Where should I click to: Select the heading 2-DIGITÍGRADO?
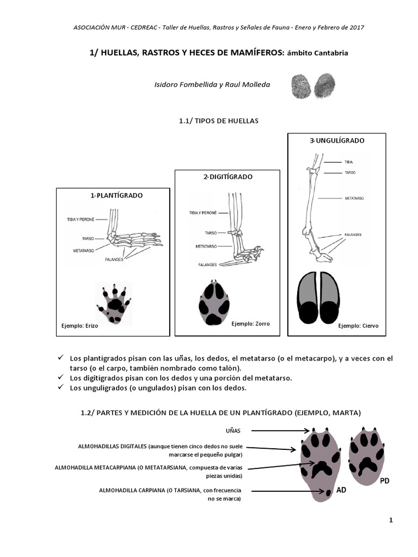click(x=228, y=177)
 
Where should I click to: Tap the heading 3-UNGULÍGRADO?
click(x=337, y=141)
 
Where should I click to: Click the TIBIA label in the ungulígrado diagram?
click(x=349, y=162)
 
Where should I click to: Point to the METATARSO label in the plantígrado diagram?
click(x=83, y=251)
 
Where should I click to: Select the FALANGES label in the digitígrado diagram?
click(x=207, y=265)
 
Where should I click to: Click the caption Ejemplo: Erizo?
click(x=79, y=326)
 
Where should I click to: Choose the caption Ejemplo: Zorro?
click(x=250, y=324)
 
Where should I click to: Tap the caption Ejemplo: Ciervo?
click(x=358, y=326)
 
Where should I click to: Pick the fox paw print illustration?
click(x=214, y=302)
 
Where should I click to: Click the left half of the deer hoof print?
click(x=307, y=298)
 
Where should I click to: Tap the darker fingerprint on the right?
click(x=324, y=85)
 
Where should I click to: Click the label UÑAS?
click(x=233, y=431)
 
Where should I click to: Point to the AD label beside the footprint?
click(x=341, y=490)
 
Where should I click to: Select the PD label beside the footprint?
click(x=385, y=481)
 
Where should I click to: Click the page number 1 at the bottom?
click(x=391, y=521)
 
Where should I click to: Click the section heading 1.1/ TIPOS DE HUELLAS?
click(x=219, y=121)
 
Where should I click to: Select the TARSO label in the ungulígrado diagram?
click(x=350, y=172)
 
